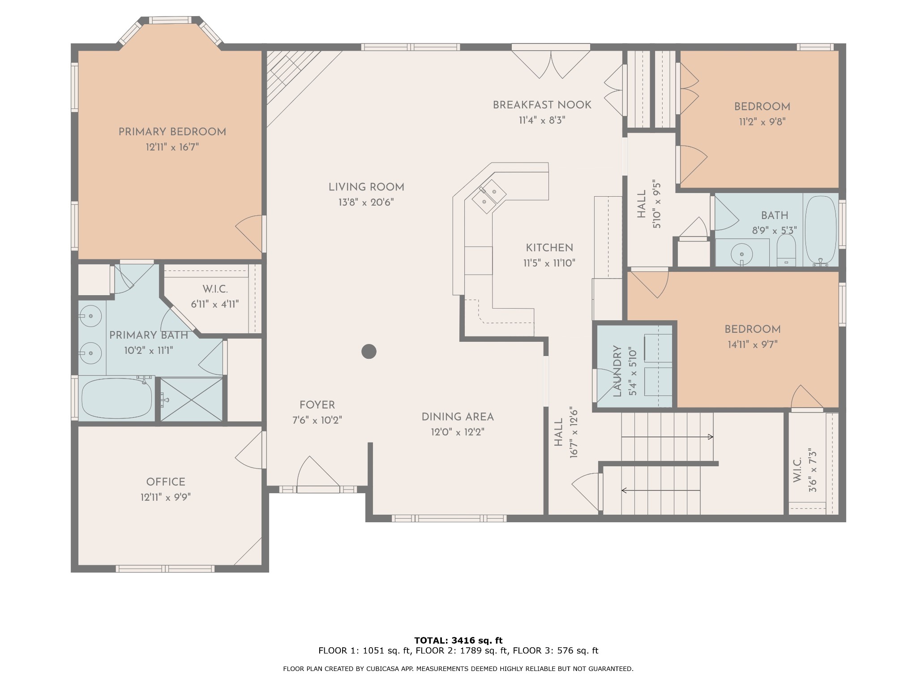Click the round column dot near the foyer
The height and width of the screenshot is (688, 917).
point(369,352)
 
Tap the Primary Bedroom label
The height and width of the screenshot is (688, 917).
point(172,132)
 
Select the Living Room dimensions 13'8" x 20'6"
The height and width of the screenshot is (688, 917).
point(366,202)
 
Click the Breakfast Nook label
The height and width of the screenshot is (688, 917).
point(542,105)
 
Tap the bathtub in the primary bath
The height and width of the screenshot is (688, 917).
point(117,398)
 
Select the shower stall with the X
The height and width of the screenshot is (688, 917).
point(191,400)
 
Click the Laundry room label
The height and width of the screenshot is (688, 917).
point(617,371)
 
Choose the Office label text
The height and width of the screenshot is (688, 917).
point(166,482)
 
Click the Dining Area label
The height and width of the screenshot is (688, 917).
point(458,417)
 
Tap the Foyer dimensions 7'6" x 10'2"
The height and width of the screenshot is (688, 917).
point(317,421)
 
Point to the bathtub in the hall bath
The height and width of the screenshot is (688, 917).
point(820,231)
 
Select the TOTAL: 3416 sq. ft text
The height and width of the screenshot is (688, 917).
point(458,641)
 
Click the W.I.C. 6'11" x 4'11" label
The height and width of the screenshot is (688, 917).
point(215,297)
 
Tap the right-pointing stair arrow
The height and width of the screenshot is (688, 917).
point(667,437)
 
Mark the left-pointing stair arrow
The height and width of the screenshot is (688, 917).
point(661,490)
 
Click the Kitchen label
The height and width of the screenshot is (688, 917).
point(549,248)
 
